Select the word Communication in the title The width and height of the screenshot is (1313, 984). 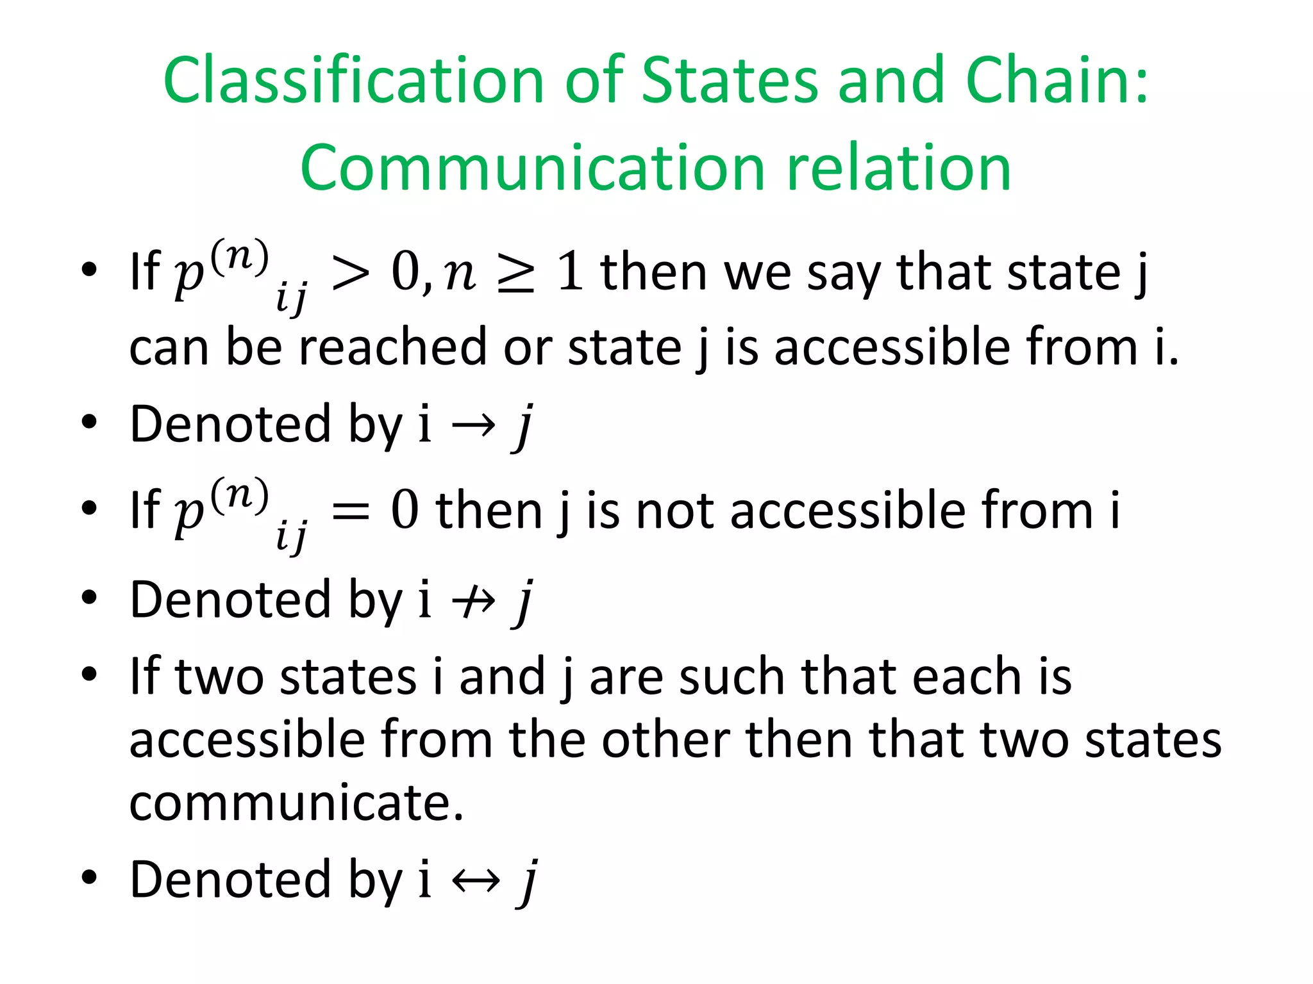tap(532, 168)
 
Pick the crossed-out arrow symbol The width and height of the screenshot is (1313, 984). tap(474, 601)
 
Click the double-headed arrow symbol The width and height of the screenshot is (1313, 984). tap(475, 880)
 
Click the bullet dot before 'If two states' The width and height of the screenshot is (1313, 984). tap(89, 674)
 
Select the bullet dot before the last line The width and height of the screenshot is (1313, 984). tap(89, 877)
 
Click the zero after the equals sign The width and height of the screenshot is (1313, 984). tap(405, 512)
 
